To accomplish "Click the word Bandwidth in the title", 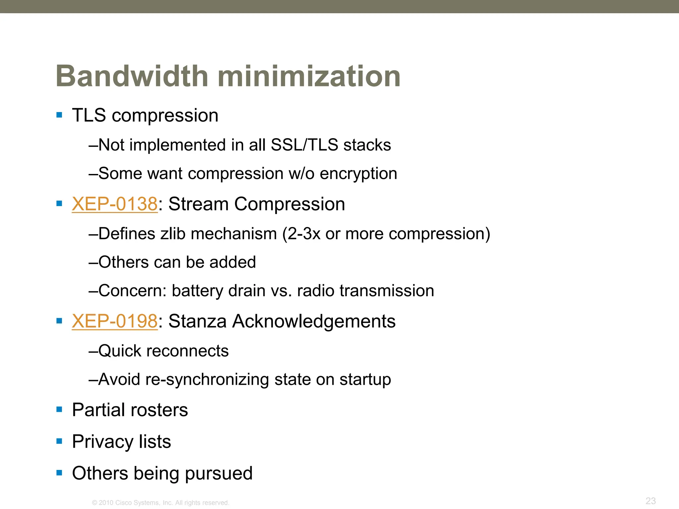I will click(132, 76).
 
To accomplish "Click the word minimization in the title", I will click(309, 76).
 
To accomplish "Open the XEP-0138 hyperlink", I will click(114, 204).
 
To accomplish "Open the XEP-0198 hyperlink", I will click(114, 321).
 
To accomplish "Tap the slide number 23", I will click(650, 501).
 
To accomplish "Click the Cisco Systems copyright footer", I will click(160, 503).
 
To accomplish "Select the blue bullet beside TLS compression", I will click(59, 115).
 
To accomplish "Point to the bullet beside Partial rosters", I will click(59, 410).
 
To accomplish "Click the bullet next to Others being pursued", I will click(59, 473).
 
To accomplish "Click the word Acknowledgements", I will click(314, 321).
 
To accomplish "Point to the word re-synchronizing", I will click(207, 379).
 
